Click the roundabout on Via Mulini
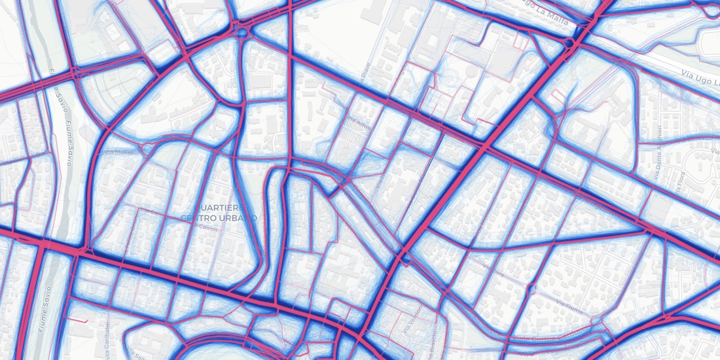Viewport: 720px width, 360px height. tap(148, 149)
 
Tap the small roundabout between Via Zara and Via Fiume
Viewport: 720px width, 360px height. tap(530, 289)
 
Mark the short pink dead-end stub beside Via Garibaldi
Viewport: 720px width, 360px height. tap(79, 321)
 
